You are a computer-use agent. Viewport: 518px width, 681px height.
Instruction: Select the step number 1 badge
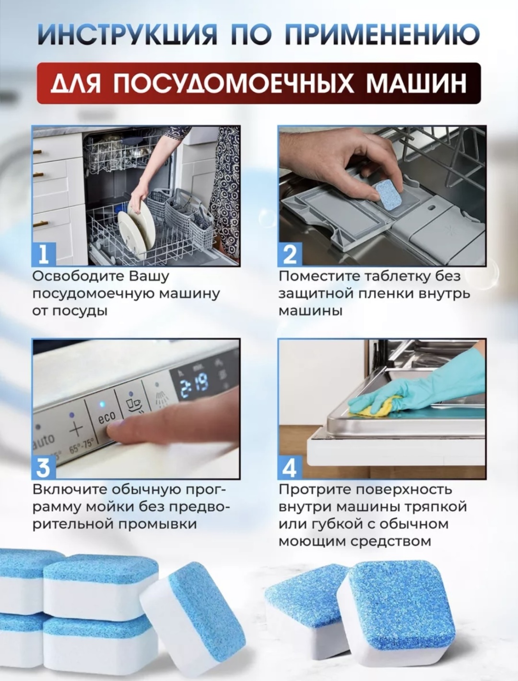click(44, 254)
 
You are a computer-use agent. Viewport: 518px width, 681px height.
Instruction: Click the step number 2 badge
click(290, 254)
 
